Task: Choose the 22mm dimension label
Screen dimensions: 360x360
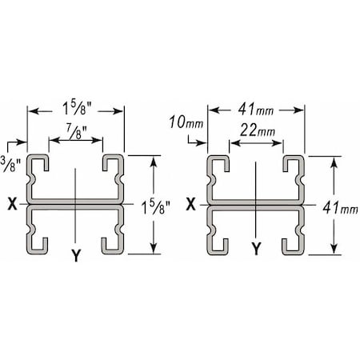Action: coord(256,130)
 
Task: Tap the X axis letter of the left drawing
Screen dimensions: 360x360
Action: coord(14,203)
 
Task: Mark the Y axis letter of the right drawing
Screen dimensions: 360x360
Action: coord(256,250)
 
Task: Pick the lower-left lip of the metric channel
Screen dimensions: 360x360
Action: coord(220,242)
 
